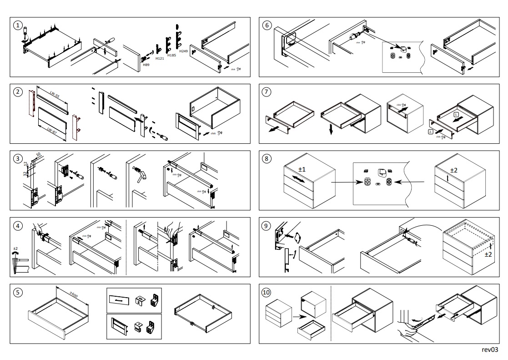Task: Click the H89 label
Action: point(146,65)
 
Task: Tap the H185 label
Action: point(171,55)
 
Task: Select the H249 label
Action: point(183,51)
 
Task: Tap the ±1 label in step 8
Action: point(301,169)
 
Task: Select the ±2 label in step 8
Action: point(453,170)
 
